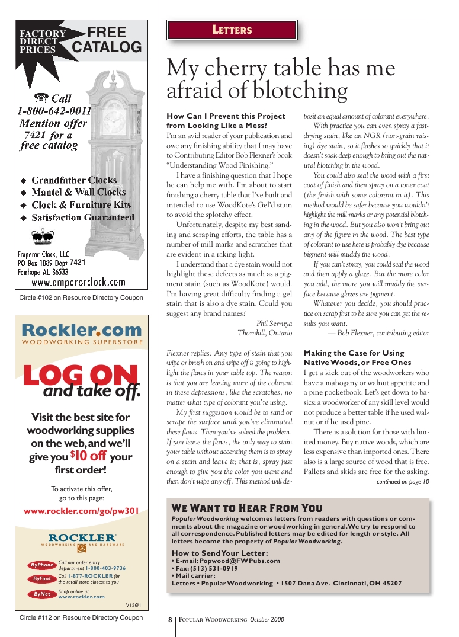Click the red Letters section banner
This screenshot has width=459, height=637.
click(232, 30)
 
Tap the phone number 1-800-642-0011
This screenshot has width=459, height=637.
click(54, 111)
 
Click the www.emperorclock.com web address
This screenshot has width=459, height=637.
click(78, 282)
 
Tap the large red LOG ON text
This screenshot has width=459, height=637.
click(81, 376)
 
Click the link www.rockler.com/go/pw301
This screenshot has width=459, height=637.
click(81, 511)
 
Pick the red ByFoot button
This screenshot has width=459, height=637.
click(42, 579)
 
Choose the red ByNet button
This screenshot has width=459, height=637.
click(42, 594)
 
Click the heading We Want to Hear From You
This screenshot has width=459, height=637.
click(247, 508)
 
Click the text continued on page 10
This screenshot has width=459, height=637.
click(403, 482)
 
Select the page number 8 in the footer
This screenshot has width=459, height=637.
click(169, 620)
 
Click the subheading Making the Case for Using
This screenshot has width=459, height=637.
click(354, 353)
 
